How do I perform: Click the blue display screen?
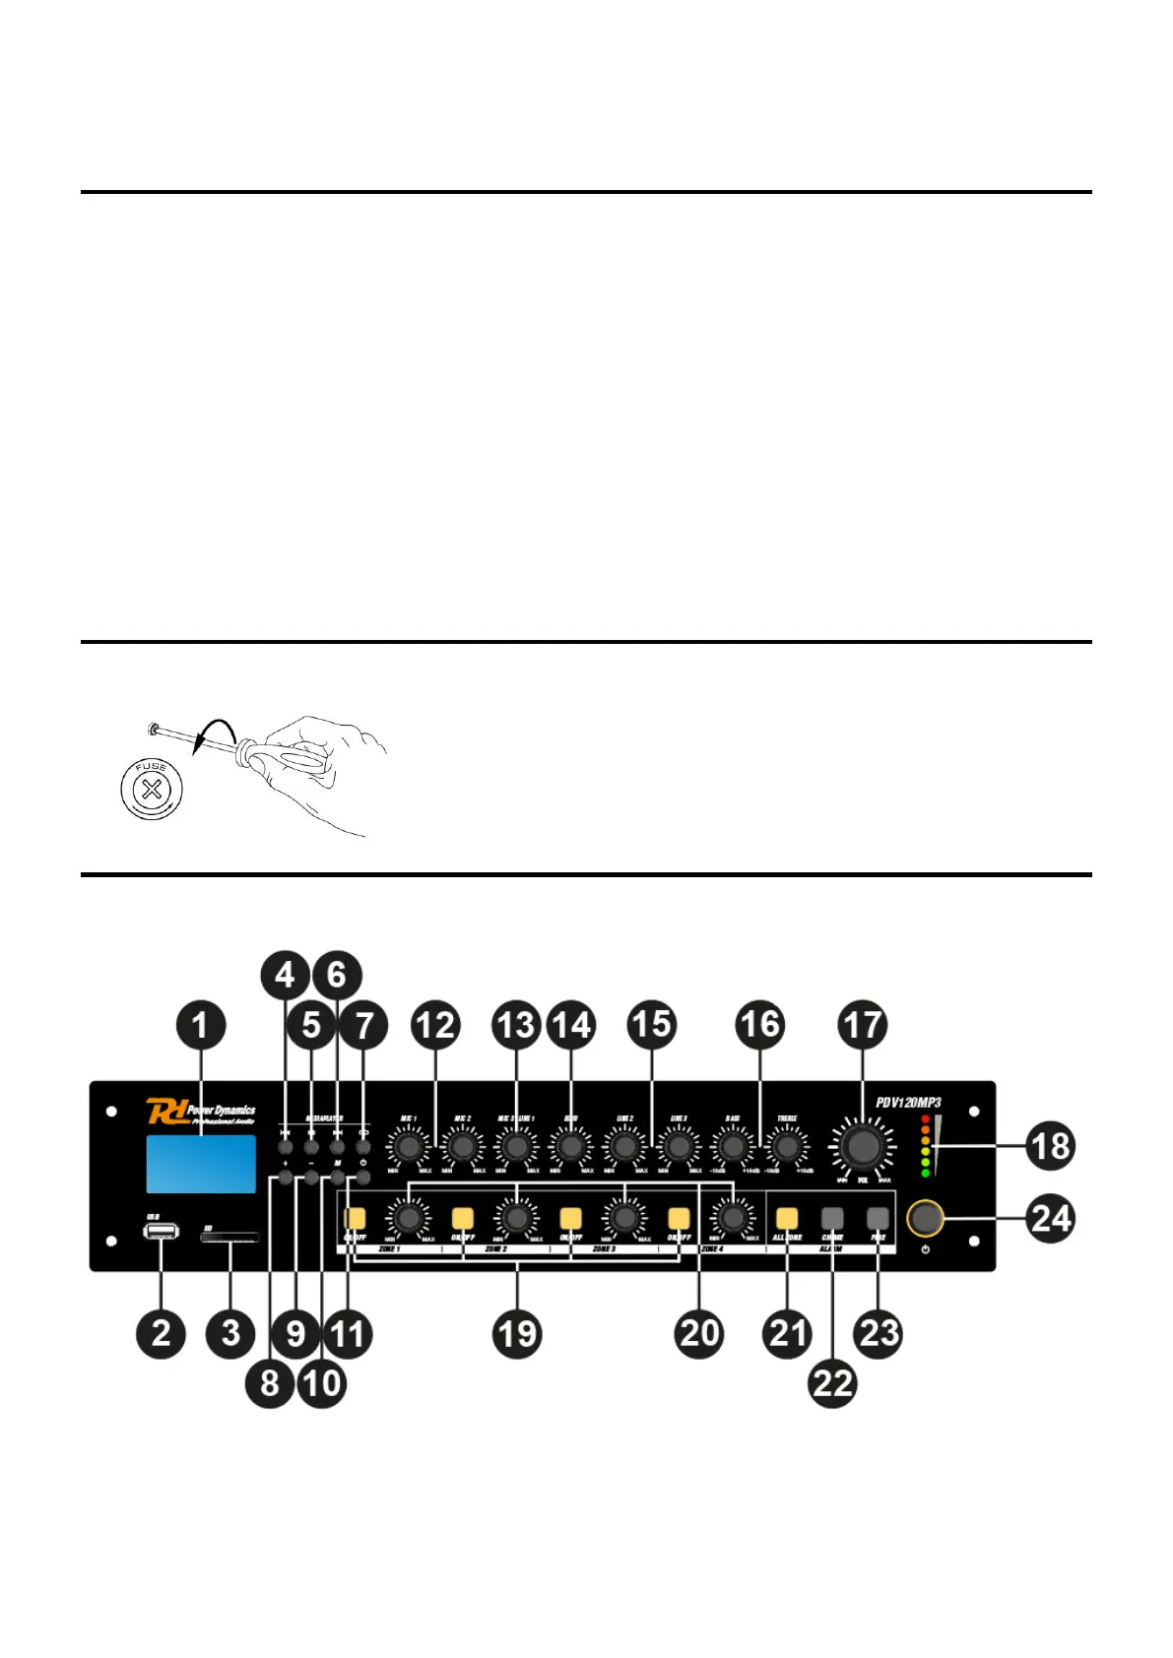[201, 1164]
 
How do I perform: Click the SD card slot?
[230, 1238]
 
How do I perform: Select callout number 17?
[863, 1025]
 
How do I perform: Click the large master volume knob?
[863, 1146]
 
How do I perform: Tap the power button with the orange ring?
[925, 1218]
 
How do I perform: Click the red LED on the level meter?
[926, 1119]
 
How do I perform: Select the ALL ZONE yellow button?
[787, 1219]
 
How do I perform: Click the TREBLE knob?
[786, 1146]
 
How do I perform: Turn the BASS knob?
[732, 1146]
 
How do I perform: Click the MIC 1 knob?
[408, 1146]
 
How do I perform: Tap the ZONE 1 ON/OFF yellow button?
[355, 1219]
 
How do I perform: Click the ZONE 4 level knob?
[732, 1219]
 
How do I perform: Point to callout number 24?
[1050, 1219]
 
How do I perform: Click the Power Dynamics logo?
[201, 1113]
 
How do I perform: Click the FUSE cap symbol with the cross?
[151, 789]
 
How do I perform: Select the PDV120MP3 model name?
[908, 1103]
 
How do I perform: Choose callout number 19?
[517, 1334]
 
